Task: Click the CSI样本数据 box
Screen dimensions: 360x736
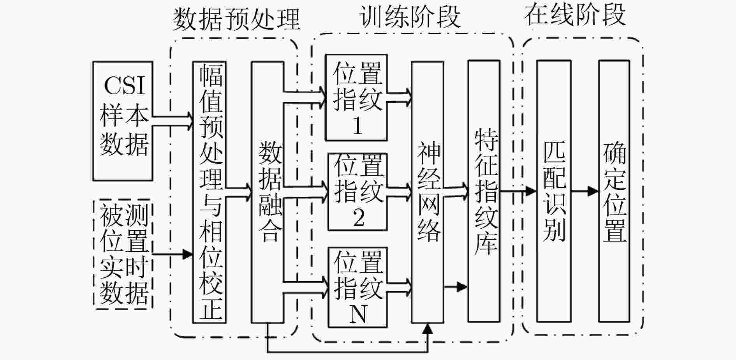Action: click(122, 121)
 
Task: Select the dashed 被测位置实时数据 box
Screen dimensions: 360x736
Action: click(123, 254)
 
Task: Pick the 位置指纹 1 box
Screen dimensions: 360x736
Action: click(356, 97)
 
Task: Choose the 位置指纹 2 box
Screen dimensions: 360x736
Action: click(357, 191)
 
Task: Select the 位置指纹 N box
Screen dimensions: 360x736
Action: click(357, 287)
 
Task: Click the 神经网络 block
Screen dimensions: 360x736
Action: click(428, 192)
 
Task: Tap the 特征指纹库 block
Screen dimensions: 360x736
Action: click(484, 191)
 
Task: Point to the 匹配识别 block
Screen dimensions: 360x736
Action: click(554, 191)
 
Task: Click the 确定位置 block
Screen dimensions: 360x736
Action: click(614, 191)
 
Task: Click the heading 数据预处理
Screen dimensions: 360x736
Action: click(236, 19)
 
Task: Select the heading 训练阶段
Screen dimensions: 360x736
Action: click(409, 16)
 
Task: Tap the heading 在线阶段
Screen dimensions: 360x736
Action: click(575, 15)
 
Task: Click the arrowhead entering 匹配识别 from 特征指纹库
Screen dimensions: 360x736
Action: click(531, 191)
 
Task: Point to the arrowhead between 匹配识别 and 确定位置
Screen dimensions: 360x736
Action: click(593, 191)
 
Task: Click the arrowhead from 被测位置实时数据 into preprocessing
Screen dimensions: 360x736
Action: click(188, 254)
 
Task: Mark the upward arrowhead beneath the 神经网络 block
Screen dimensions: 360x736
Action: click(428, 329)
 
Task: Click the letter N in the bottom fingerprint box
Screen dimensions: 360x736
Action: click(358, 314)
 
